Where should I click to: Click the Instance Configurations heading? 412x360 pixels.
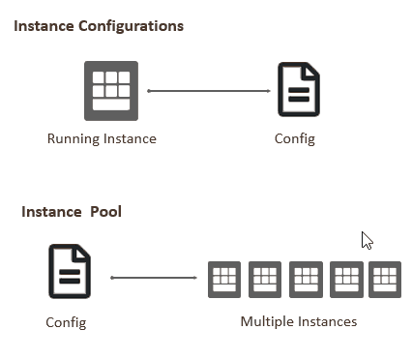click(x=99, y=26)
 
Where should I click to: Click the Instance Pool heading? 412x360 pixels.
click(x=72, y=211)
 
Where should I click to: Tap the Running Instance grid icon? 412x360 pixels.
click(x=111, y=91)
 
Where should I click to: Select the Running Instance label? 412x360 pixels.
click(x=102, y=138)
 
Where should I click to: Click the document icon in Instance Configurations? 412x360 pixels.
click(x=298, y=90)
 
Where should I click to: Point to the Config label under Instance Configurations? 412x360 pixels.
click(x=295, y=138)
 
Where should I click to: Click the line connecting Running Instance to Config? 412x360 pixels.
click(x=208, y=91)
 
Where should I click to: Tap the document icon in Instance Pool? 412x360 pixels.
click(x=70, y=271)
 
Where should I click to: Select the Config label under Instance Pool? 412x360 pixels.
click(x=66, y=322)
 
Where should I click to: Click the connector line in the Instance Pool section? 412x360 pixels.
click(x=154, y=278)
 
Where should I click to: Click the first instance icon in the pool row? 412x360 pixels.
click(x=224, y=279)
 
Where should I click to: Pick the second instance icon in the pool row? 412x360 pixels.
click(x=265, y=279)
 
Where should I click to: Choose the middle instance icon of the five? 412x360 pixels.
click(x=306, y=279)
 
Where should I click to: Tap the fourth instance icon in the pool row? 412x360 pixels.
click(x=346, y=279)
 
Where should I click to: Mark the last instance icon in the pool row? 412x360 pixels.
click(x=384, y=279)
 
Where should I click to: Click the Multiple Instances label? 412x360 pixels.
click(x=299, y=321)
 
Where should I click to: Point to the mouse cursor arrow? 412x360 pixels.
click(x=367, y=240)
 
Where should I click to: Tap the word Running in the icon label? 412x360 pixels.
click(x=73, y=138)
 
